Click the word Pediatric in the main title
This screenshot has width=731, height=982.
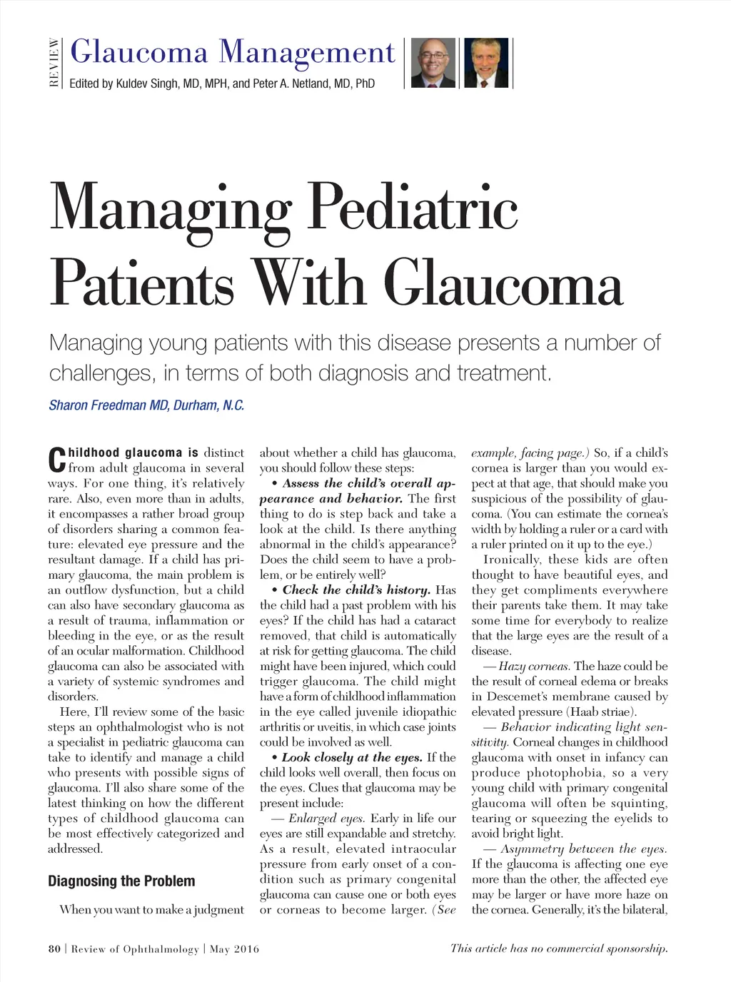tap(413, 208)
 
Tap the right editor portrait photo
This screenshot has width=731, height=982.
tap(486, 63)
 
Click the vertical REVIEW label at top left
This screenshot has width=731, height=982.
tap(54, 63)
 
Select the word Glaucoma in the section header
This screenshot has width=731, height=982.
tap(140, 52)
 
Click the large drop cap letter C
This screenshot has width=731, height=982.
tap(57, 460)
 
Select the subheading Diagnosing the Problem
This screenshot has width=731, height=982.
tap(121, 881)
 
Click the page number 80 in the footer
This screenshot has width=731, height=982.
tap(54, 949)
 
